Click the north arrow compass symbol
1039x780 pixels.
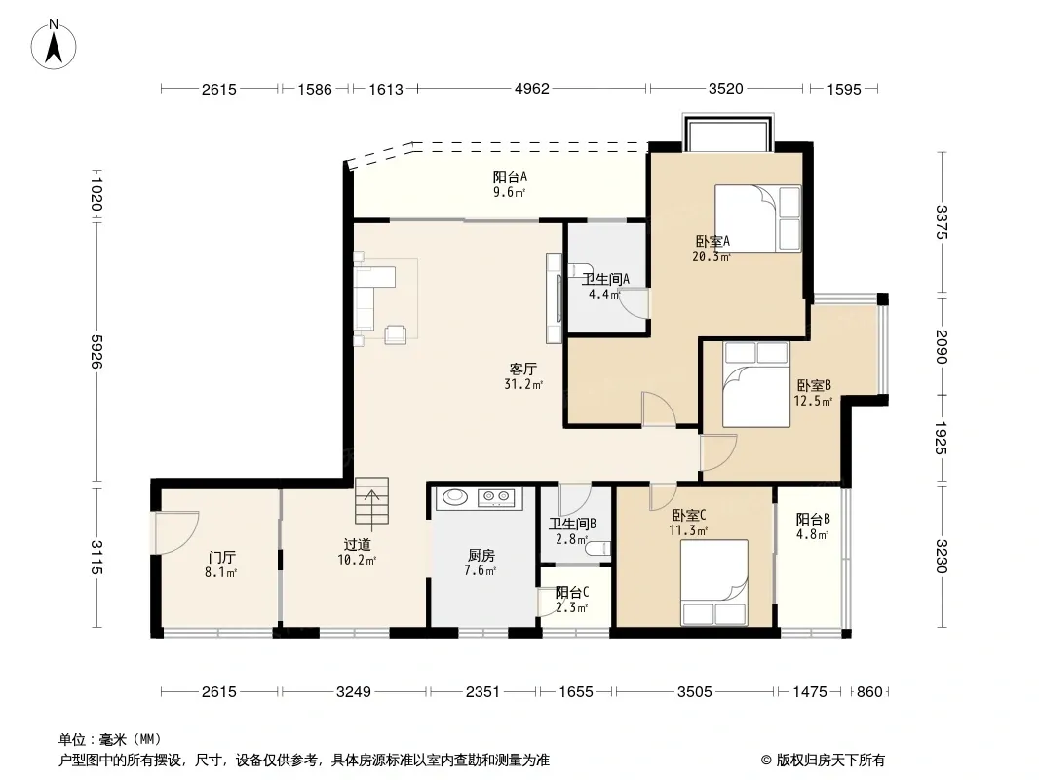54,45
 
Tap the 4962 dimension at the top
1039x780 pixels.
532,88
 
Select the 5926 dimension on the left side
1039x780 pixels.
96,351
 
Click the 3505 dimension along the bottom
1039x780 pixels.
694,692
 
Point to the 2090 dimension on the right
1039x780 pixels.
941,346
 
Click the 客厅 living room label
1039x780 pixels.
522,369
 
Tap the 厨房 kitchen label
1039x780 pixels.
481,556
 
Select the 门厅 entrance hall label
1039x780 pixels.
220,558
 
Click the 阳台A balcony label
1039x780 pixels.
510,176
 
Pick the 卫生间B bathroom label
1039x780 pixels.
572,524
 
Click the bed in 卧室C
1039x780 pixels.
714,582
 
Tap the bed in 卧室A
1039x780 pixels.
757,218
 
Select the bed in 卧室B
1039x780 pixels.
756,384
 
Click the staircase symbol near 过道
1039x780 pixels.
371,501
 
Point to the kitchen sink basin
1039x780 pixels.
454,496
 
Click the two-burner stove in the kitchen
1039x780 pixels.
497,496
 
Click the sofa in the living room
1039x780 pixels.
374,297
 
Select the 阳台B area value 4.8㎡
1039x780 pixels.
812,535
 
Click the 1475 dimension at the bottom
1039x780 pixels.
810,692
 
